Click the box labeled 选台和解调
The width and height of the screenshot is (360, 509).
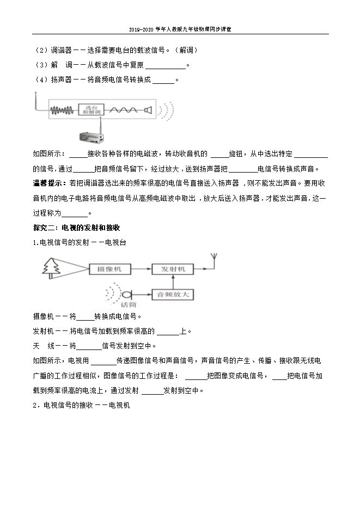(90, 110)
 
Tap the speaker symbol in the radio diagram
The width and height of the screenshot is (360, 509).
(146, 110)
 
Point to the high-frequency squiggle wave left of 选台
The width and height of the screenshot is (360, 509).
(63, 111)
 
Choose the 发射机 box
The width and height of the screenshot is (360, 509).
(173, 268)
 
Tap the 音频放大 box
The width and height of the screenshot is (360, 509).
(173, 294)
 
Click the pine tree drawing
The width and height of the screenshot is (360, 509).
(53, 267)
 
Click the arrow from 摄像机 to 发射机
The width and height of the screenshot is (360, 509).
(143, 268)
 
